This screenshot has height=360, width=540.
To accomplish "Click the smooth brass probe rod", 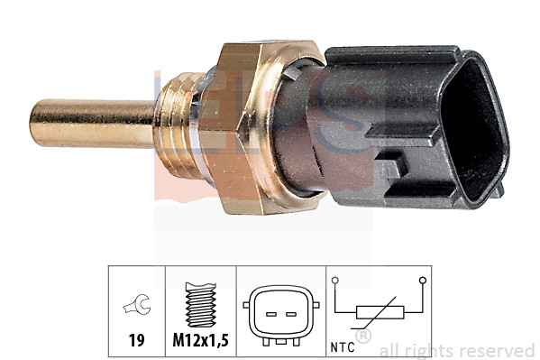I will [90, 124].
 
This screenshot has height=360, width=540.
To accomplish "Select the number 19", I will [136, 340].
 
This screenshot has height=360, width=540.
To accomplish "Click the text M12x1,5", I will [200, 340].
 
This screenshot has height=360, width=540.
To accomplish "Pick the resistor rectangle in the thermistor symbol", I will [378, 313].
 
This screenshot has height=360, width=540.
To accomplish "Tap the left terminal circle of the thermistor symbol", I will [336, 280].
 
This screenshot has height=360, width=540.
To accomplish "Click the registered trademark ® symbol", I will [362, 337].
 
